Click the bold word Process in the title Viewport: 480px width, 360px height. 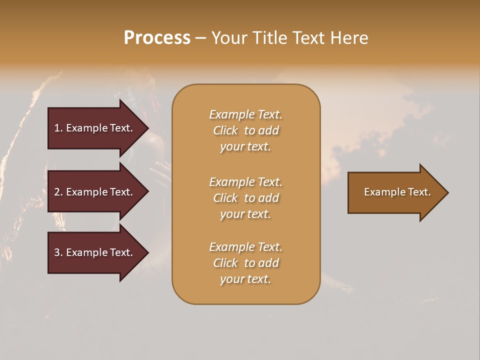tap(157, 38)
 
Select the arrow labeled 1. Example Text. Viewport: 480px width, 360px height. tap(93, 128)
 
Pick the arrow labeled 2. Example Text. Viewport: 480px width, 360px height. tap(93, 192)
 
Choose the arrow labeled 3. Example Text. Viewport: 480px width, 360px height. tap(93, 252)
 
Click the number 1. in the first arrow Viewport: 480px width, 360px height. tap(58, 128)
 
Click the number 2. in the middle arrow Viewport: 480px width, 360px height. tap(58, 192)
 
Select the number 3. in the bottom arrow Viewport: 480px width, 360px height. tap(58, 252)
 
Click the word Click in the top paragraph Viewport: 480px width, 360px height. tap(225, 130)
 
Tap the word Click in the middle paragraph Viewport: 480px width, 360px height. tap(225, 198)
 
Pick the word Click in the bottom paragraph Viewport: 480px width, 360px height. tap(225, 263)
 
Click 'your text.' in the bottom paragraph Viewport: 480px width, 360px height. tap(245, 279)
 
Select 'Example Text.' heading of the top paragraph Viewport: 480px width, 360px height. tap(245, 114)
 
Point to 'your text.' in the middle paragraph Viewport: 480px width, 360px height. tap(245, 214)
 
